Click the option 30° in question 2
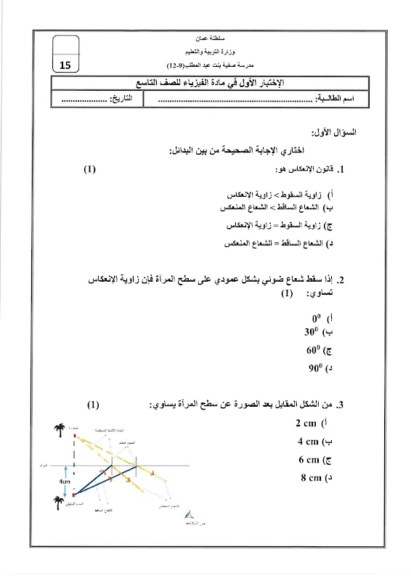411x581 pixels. [x=314, y=332]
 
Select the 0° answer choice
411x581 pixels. [x=317, y=318]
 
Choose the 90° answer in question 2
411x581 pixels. [x=314, y=368]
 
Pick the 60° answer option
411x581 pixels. [x=314, y=350]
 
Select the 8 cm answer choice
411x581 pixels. [x=311, y=477]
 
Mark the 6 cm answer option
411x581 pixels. [x=311, y=459]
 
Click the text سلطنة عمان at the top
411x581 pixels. [x=206, y=36]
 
